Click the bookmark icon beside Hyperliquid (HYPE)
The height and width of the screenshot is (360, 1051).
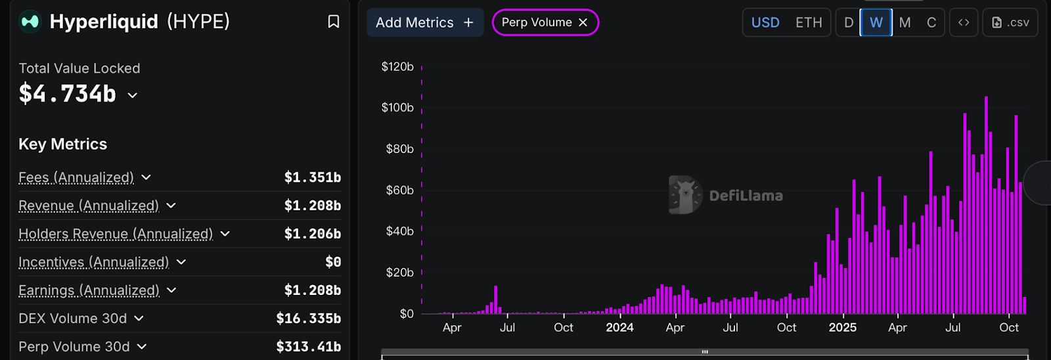click(334, 22)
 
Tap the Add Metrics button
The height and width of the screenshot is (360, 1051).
click(424, 22)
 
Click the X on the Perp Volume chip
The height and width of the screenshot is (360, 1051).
click(583, 22)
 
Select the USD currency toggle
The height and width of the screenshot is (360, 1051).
click(765, 22)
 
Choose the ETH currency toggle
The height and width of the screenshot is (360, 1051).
click(809, 22)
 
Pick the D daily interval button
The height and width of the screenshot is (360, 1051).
click(849, 22)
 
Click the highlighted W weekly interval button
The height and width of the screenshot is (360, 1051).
click(876, 22)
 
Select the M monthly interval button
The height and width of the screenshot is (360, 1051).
click(905, 22)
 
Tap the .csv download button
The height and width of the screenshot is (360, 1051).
click(1010, 22)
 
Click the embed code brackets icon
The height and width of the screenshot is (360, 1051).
click(964, 22)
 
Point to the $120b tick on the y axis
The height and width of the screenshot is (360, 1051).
click(397, 66)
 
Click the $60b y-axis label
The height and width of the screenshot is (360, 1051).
click(399, 190)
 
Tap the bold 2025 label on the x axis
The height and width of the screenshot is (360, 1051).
click(842, 327)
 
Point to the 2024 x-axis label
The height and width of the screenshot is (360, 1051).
click(619, 327)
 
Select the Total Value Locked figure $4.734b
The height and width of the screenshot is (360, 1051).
click(68, 94)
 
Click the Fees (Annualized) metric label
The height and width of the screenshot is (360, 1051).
click(76, 177)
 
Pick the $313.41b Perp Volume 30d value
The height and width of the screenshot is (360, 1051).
click(308, 346)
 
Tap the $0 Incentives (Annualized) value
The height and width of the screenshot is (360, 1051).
click(333, 262)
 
